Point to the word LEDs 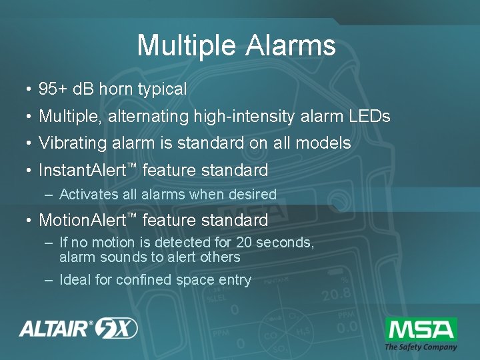[369, 117]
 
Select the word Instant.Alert [82, 171]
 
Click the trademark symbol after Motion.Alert [131, 215]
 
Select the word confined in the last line [143, 280]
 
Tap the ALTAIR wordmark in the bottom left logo [57, 329]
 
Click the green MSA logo [421, 329]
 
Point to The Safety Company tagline [421, 347]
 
